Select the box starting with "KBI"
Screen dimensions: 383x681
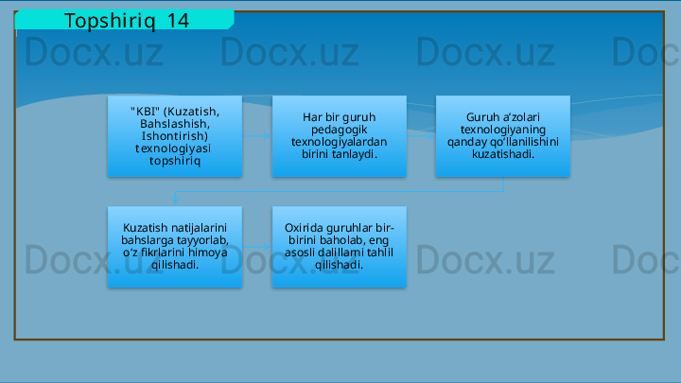click(174, 136)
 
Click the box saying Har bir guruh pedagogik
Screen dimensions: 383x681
click(339, 136)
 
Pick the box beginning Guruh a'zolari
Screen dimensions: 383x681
click(503, 136)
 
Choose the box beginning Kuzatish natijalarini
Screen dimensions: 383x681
click(174, 247)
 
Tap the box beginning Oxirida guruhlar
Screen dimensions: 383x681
click(339, 247)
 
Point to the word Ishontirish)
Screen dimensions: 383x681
click(174, 136)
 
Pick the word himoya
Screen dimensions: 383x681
click(207, 253)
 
